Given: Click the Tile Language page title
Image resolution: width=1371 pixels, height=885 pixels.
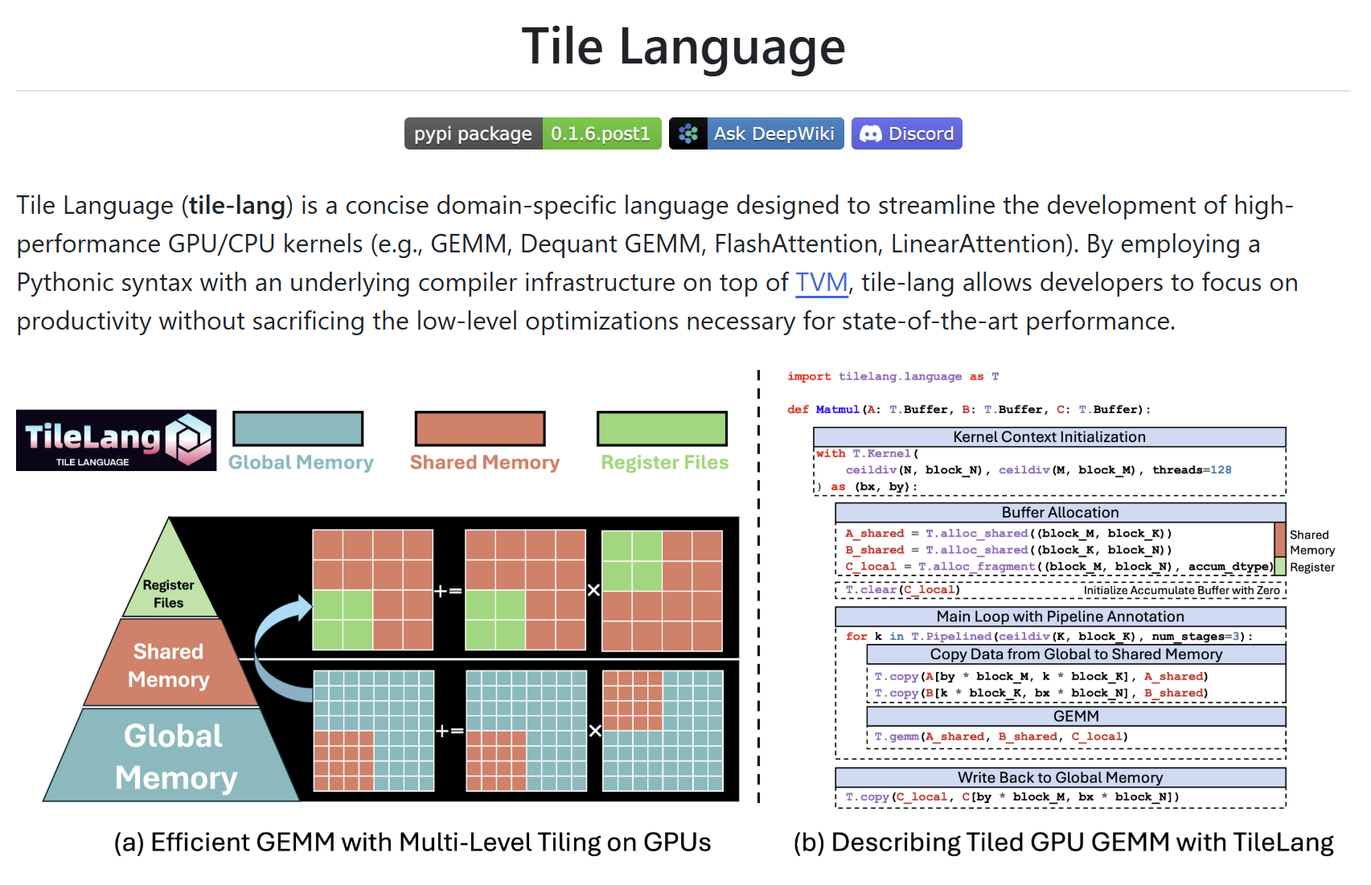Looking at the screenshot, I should [683, 47].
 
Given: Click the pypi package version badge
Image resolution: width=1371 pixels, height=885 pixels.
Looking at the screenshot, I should [532, 133].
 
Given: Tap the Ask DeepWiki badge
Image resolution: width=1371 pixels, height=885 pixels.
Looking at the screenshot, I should [756, 133].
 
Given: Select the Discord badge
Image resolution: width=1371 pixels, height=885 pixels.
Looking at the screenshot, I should [907, 133].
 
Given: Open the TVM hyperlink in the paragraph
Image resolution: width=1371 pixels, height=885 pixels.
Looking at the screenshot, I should [821, 283].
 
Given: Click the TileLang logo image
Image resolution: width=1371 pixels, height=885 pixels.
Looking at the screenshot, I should [116, 440].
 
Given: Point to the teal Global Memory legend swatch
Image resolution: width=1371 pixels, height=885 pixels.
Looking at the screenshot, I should [298, 428].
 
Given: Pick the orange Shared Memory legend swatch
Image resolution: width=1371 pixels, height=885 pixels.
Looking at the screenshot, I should [480, 428].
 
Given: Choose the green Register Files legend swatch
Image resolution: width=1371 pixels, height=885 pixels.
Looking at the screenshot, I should [662, 428].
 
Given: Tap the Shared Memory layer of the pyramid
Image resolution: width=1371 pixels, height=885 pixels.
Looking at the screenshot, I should [169, 665].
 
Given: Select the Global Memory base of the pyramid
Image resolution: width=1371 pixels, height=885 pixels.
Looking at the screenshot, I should [174, 756].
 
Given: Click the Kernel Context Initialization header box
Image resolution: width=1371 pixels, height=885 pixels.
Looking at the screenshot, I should [1049, 437].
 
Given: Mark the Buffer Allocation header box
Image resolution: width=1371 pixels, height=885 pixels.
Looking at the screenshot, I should [1060, 513].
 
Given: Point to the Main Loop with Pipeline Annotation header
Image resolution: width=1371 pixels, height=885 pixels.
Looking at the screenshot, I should [1060, 617].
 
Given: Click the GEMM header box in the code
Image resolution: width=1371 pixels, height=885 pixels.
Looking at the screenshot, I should [1076, 716].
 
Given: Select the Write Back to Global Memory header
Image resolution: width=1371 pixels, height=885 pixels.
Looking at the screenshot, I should [1060, 777].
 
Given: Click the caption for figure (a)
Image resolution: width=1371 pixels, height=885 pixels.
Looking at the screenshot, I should [412, 842].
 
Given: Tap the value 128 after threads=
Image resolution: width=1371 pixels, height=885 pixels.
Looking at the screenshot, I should [1221, 470].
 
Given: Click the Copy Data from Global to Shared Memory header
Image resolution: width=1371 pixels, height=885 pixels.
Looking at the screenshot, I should [1076, 654].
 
